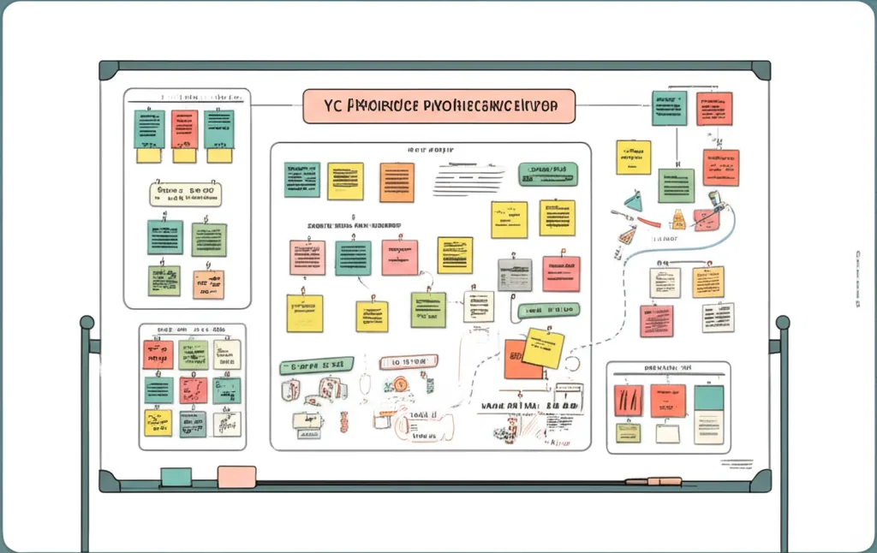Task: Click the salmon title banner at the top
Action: (438, 106)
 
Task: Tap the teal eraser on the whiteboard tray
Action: (176, 477)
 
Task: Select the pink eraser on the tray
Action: (236, 477)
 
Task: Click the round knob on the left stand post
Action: (87, 324)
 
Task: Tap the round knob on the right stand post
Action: (782, 324)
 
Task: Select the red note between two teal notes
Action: (184, 128)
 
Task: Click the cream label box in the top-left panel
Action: (184, 193)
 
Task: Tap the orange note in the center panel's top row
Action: (397, 181)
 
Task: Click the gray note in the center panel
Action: (514, 275)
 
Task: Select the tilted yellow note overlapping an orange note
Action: (543, 348)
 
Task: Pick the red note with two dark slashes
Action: (628, 401)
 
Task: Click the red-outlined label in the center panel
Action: (408, 362)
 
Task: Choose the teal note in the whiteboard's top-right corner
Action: (668, 108)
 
